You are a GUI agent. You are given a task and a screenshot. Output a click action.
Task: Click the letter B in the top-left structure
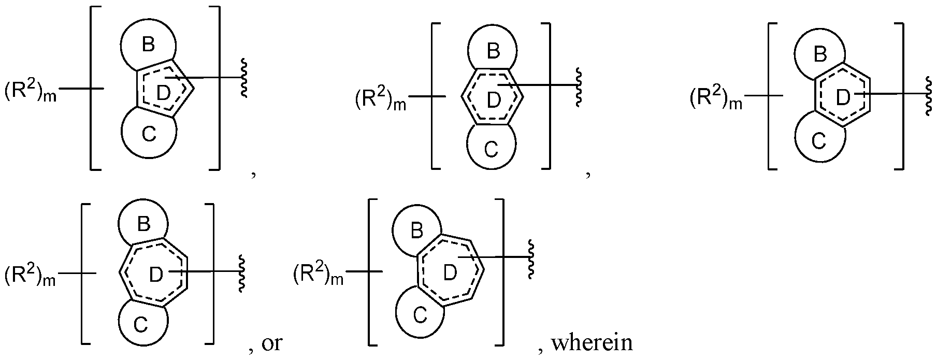148,45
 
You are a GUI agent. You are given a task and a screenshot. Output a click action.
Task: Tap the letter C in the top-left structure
149,135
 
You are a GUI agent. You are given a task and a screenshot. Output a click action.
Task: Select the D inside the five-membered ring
163,93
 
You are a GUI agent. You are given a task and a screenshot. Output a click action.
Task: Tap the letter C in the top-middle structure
492,149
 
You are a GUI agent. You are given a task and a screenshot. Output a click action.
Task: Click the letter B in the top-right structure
820,54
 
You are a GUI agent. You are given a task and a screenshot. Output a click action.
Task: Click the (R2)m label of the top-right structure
716,98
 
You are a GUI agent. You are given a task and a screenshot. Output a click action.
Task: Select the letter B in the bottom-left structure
143,224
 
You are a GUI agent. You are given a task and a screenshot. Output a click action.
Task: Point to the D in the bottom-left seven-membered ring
156,275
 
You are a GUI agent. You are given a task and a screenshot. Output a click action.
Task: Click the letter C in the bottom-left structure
141,325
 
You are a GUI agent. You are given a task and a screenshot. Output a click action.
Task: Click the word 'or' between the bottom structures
272,343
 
